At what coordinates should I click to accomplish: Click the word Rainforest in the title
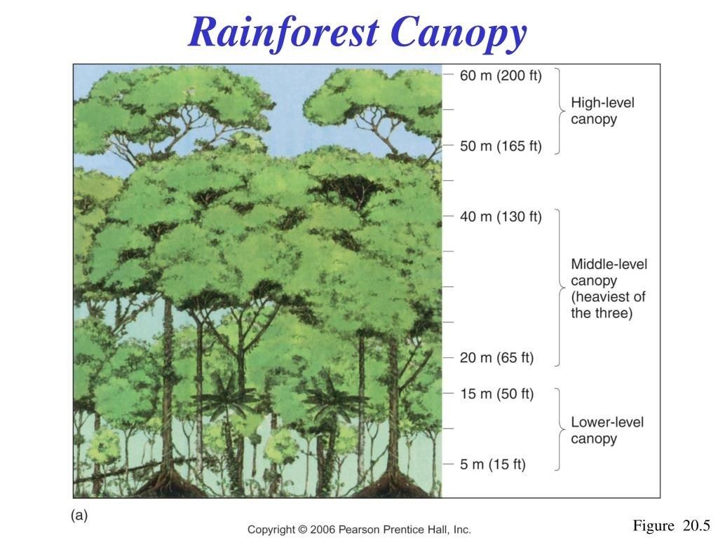(283, 33)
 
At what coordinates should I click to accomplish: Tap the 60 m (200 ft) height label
(501, 76)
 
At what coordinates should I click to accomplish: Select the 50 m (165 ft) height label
(501, 146)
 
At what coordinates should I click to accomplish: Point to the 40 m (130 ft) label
(501, 216)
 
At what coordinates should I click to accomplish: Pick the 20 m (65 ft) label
(497, 357)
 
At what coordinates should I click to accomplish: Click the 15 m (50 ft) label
(497, 394)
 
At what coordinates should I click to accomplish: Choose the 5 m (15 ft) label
(493, 464)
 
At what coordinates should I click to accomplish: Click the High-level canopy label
(602, 111)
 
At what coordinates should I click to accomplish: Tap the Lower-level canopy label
(607, 430)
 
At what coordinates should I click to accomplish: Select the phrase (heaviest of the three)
(608, 305)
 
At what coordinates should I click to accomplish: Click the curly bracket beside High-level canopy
(560, 111)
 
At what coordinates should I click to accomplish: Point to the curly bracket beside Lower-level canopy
(560, 429)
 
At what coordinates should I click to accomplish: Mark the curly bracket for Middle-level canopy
(560, 288)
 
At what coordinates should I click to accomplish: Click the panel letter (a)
(79, 515)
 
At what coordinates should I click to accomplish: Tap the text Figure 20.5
(671, 525)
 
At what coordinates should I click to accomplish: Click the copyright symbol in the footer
(302, 530)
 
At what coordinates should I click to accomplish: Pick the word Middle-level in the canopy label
(609, 264)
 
